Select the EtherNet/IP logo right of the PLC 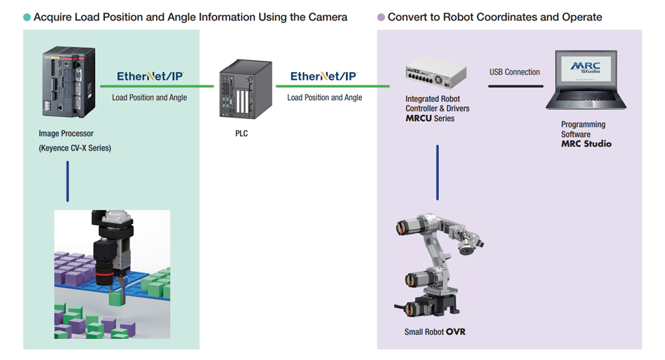(x=324, y=77)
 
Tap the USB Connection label (x=514, y=71)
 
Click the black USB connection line (x=515, y=86)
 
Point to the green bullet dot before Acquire (x=27, y=17)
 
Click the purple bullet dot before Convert (x=381, y=17)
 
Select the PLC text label (x=241, y=133)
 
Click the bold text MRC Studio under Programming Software (x=586, y=144)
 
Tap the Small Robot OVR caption (x=435, y=331)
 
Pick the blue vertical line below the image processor (x=68, y=181)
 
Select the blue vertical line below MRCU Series (x=437, y=172)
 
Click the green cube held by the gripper (x=117, y=298)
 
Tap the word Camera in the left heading (x=326, y=17)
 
